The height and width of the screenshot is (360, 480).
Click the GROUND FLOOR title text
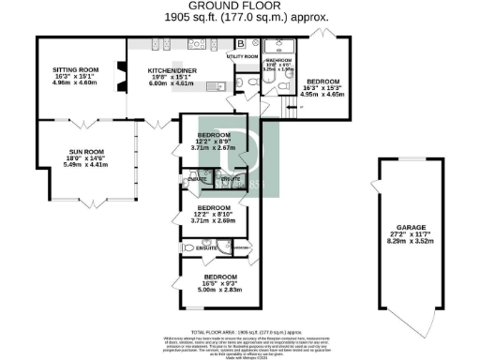point(223,6)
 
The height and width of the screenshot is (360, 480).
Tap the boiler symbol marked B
point(240,44)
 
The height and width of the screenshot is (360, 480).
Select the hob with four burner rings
point(198,45)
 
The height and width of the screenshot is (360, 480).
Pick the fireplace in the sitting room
point(118,74)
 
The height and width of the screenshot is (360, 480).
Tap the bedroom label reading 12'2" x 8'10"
point(214,212)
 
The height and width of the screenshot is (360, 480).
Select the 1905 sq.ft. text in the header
point(188,17)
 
